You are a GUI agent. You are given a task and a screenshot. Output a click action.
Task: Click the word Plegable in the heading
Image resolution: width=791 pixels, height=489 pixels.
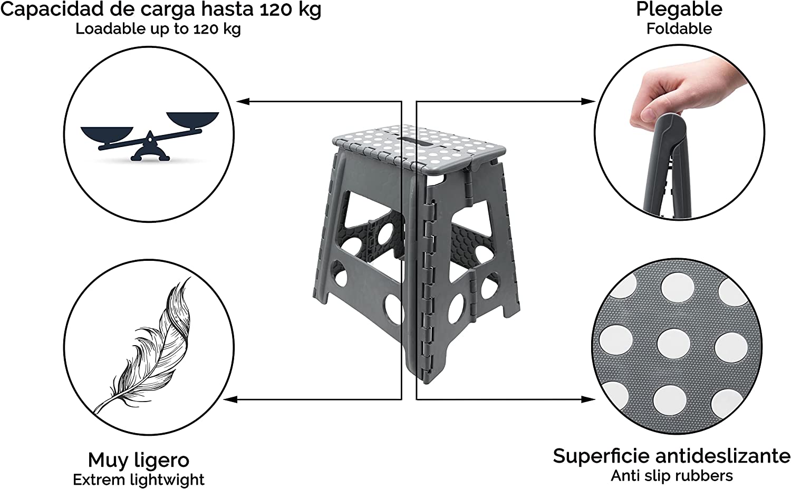point(679,9)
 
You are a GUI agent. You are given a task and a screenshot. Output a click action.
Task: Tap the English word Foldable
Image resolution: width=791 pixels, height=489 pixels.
point(679,28)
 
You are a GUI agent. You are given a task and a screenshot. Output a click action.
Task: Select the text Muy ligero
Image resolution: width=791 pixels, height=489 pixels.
point(138,460)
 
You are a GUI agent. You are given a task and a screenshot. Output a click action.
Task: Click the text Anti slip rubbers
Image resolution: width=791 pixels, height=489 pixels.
point(672,476)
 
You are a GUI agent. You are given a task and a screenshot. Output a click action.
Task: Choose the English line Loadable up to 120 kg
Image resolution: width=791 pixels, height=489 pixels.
point(158,28)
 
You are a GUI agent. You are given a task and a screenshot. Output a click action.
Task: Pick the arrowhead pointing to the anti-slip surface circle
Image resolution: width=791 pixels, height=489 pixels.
point(589,399)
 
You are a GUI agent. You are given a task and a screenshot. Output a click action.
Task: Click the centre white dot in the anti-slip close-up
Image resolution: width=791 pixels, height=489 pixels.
point(674,344)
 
